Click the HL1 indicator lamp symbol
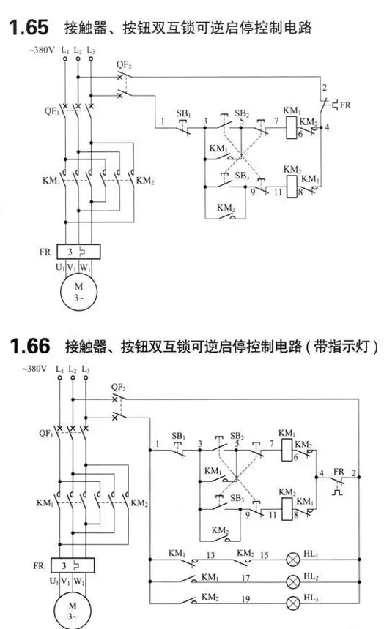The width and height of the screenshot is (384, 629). (x=293, y=560)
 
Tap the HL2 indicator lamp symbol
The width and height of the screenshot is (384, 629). (x=293, y=581)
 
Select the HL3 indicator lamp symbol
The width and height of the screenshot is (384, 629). (x=293, y=603)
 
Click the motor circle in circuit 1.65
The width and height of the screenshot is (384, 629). (x=79, y=292)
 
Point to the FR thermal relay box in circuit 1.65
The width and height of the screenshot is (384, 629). (x=78, y=252)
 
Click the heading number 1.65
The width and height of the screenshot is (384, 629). (x=29, y=27)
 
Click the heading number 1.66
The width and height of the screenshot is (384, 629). (x=30, y=346)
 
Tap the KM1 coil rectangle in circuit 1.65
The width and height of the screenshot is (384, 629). (x=292, y=128)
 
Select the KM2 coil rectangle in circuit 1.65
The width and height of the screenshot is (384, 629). (x=292, y=187)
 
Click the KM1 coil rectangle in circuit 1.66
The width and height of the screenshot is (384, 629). (x=287, y=450)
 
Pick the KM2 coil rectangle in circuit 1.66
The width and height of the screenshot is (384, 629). (x=287, y=509)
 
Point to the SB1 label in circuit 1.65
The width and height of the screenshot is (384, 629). (x=184, y=113)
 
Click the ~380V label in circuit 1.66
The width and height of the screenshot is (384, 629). (x=34, y=368)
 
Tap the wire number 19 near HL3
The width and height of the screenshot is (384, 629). (x=245, y=599)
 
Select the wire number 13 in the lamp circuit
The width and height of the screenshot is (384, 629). (x=211, y=555)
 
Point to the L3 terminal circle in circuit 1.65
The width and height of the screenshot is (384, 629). (x=91, y=59)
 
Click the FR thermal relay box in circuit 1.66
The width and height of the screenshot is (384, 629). (x=73, y=565)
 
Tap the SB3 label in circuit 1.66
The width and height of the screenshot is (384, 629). (x=237, y=499)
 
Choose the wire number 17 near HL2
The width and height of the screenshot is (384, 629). (x=245, y=578)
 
